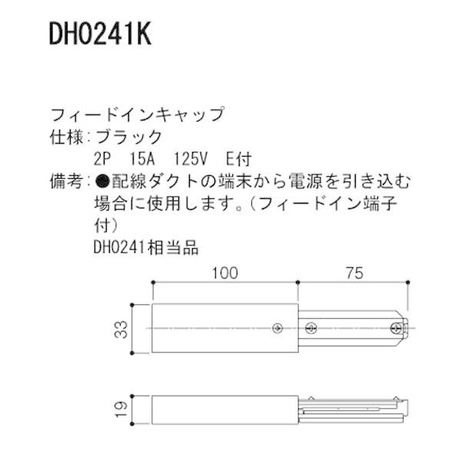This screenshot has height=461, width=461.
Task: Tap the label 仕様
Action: (65, 138)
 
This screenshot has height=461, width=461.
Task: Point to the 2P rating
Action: (101, 160)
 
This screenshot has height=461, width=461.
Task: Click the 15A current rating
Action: (143, 160)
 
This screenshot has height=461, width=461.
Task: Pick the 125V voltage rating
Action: (193, 160)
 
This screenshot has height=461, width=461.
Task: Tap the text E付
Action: (239, 160)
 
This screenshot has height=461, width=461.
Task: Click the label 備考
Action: (65, 182)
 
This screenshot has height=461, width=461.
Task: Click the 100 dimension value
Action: (223, 273)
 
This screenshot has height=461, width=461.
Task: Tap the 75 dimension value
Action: (353, 273)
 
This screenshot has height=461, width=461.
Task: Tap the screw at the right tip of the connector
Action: (396, 329)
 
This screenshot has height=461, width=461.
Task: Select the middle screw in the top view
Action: (310, 329)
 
